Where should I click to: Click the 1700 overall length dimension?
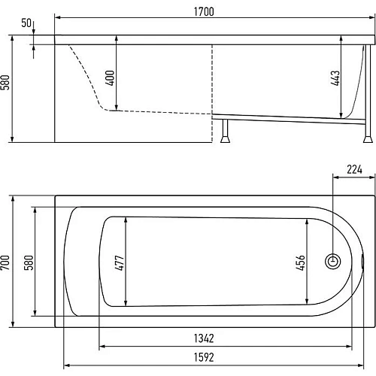click(x=204, y=12)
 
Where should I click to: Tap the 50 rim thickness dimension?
click(x=26, y=23)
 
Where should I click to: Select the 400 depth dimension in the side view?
click(x=111, y=78)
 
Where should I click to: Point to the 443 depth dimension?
click(x=335, y=78)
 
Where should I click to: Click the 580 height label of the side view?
click(x=5, y=82)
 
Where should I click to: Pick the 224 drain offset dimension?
click(x=354, y=170)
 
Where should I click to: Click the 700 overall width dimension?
click(x=5, y=262)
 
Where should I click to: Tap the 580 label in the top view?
click(x=29, y=262)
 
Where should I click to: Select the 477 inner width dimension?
click(x=120, y=262)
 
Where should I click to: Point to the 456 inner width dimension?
click(x=300, y=262)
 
